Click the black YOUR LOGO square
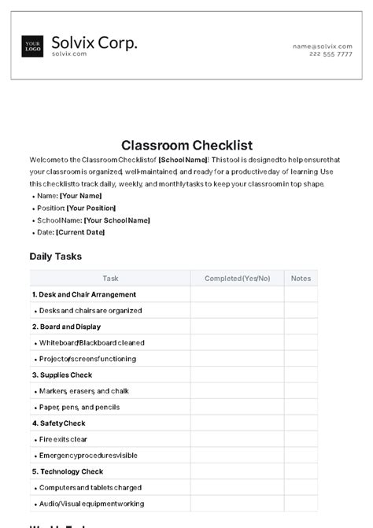(x=33, y=46)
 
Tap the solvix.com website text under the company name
(x=68, y=54)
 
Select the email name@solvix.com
(x=323, y=46)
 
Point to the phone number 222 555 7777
(x=331, y=54)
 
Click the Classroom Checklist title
(x=186, y=145)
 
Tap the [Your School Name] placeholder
(x=116, y=220)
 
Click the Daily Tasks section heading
(x=55, y=256)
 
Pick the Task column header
(x=110, y=278)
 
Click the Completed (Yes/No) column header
(x=237, y=278)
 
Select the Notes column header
(x=301, y=278)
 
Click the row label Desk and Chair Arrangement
(x=79, y=294)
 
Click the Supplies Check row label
(x=62, y=375)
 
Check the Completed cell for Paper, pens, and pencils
(x=237, y=407)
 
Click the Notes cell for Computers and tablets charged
(x=301, y=488)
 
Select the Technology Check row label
(x=68, y=471)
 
